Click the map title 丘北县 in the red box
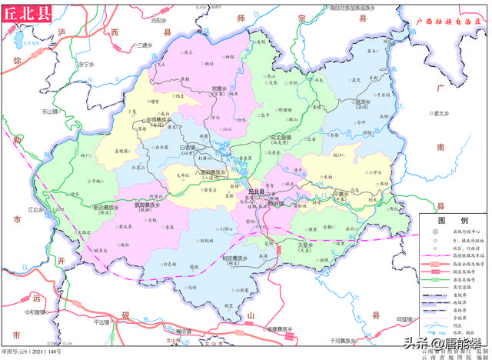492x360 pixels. point(25,13)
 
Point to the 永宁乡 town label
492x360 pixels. point(87,64)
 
